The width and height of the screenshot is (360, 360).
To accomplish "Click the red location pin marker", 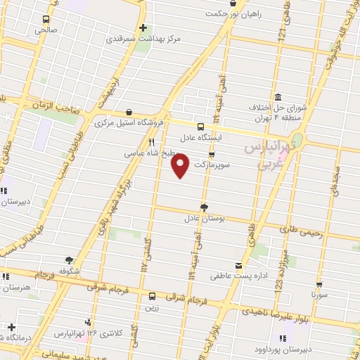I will (x=181, y=165).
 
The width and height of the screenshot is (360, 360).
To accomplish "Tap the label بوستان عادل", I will (x=204, y=219).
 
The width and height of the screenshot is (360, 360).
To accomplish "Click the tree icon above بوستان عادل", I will (x=204, y=207).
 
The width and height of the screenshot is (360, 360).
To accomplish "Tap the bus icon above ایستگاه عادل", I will (x=201, y=127).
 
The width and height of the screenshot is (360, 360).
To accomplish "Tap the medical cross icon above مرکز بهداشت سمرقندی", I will (x=143, y=28).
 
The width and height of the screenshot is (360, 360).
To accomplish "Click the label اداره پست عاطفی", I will (x=240, y=276).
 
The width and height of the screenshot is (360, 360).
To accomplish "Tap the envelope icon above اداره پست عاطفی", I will (x=240, y=265).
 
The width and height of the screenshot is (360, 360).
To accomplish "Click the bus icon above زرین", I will (x=152, y=295).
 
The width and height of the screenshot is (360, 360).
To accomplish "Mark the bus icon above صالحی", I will (x=46, y=20).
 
